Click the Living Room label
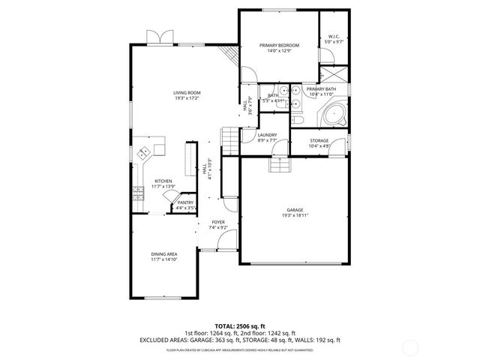click(x=187, y=93)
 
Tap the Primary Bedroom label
click(x=279, y=46)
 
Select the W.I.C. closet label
click(x=334, y=38)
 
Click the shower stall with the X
click(x=334, y=76)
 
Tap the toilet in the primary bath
click(x=297, y=121)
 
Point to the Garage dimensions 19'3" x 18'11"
click(x=296, y=214)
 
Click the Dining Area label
click(x=163, y=255)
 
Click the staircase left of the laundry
click(x=229, y=140)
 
